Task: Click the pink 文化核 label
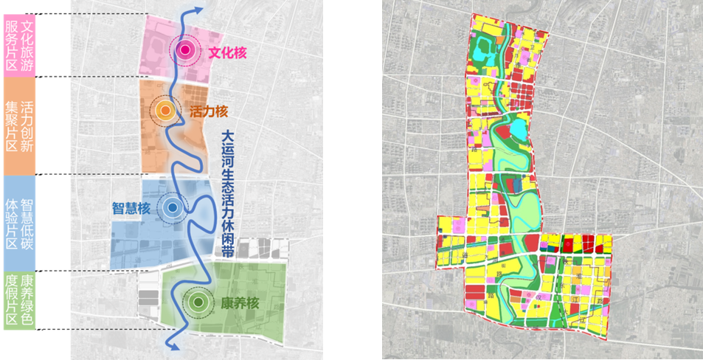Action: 226,52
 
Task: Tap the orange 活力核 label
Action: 209,112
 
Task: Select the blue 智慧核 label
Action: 131,208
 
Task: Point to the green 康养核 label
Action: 239,302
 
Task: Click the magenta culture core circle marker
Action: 185,50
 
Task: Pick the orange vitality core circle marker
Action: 166,111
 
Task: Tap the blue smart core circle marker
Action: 172,208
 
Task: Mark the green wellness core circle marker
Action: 197,301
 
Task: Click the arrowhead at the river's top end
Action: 199,9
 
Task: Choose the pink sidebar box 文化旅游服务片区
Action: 20,44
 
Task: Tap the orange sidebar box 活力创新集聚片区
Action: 20,125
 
